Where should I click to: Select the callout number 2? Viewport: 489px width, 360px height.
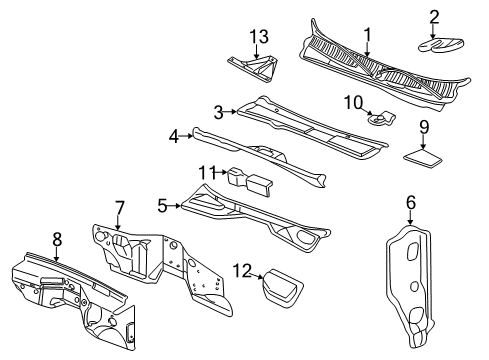click(x=435, y=15)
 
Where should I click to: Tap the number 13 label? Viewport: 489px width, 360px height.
click(x=260, y=36)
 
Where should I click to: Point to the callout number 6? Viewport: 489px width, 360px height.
click(x=410, y=202)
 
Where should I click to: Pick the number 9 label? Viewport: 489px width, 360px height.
click(x=423, y=126)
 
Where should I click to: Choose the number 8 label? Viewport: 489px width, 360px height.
click(x=56, y=240)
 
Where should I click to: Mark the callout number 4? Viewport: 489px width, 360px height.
click(x=173, y=135)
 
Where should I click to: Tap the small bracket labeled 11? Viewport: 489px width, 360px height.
click(x=251, y=182)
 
